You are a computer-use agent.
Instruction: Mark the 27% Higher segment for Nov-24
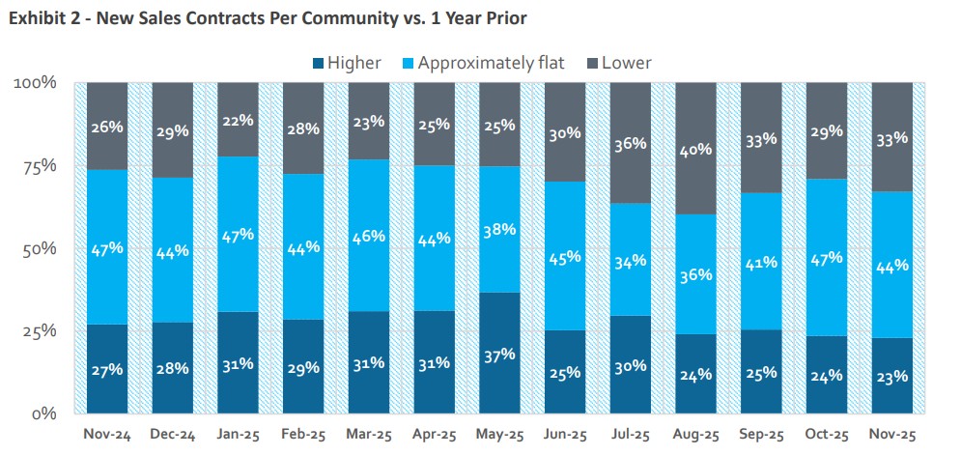[107, 369]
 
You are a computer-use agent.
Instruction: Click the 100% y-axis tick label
[35, 83]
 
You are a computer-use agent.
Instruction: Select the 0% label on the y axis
[43, 413]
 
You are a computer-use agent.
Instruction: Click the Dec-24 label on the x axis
[173, 435]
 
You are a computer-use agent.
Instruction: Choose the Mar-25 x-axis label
[370, 435]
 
